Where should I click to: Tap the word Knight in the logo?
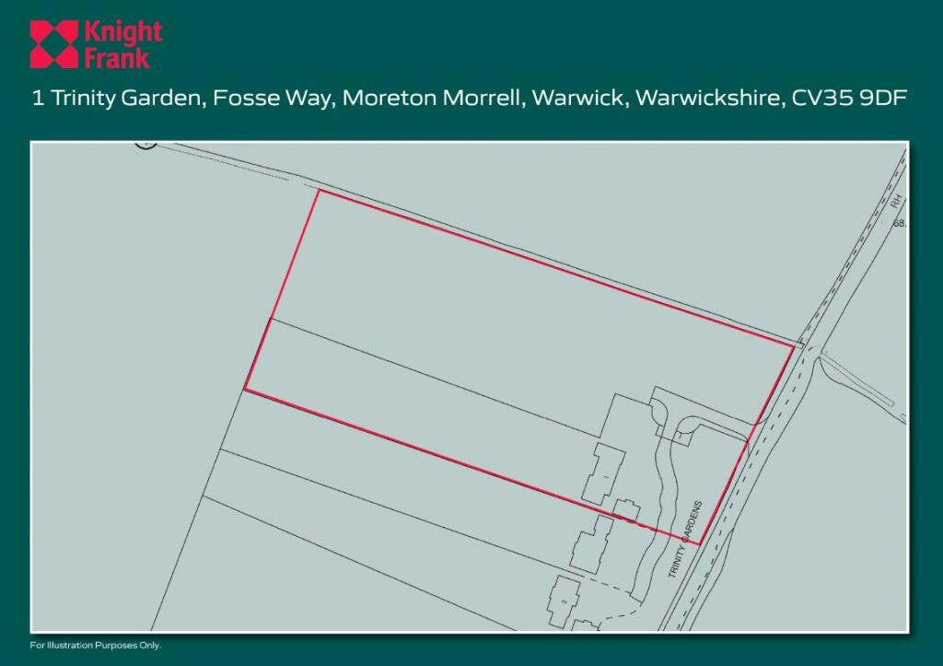pyautogui.click(x=122, y=33)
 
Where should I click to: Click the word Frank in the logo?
pyautogui.click(x=116, y=57)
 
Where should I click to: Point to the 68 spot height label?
pyautogui.click(x=900, y=223)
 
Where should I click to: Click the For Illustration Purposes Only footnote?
pyautogui.click(x=96, y=645)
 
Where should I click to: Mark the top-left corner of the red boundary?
pyautogui.click(x=319, y=190)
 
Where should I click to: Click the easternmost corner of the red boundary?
pyautogui.click(x=793, y=346)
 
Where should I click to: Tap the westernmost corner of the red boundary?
pyautogui.click(x=244, y=390)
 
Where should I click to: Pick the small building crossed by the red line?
pyautogui.click(x=627, y=510)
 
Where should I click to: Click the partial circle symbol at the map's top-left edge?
pyautogui.click(x=144, y=145)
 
